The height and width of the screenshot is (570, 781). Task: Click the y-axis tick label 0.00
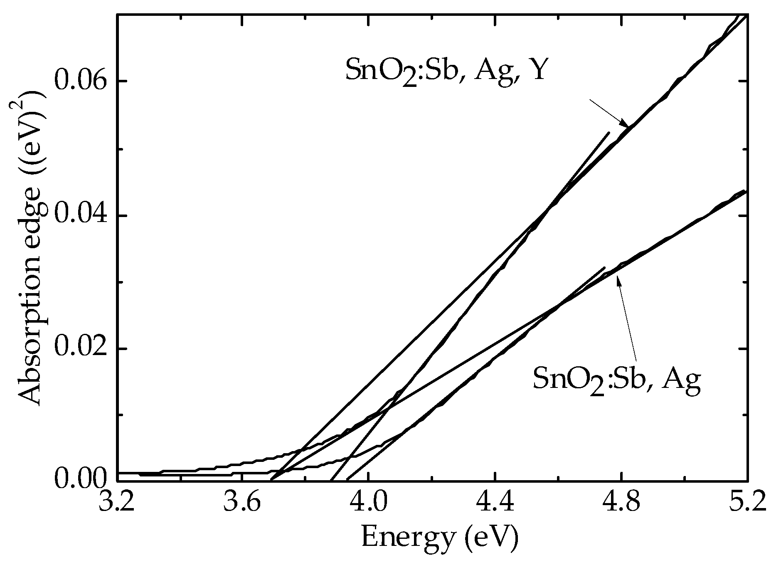(x=79, y=481)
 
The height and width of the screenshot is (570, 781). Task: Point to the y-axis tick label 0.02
(x=79, y=348)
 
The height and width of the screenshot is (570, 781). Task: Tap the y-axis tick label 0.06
(x=79, y=81)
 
